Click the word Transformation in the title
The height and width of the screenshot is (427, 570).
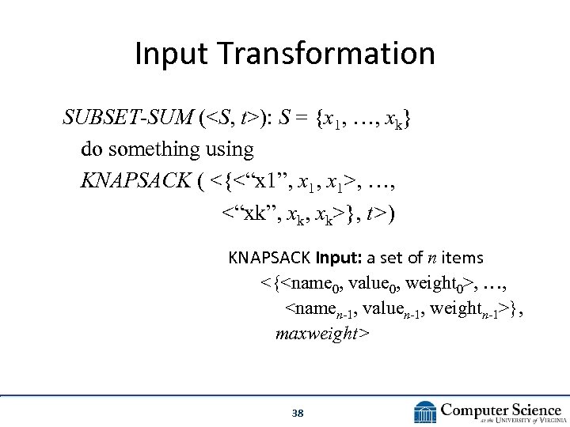(x=326, y=55)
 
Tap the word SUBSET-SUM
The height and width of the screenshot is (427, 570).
(x=128, y=119)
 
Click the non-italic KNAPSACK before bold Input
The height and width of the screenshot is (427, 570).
(x=269, y=258)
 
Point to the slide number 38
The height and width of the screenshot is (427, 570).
(x=298, y=414)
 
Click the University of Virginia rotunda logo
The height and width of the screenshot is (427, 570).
(x=425, y=412)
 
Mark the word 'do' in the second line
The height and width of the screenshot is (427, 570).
(x=91, y=149)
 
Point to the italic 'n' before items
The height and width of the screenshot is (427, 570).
(x=432, y=258)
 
